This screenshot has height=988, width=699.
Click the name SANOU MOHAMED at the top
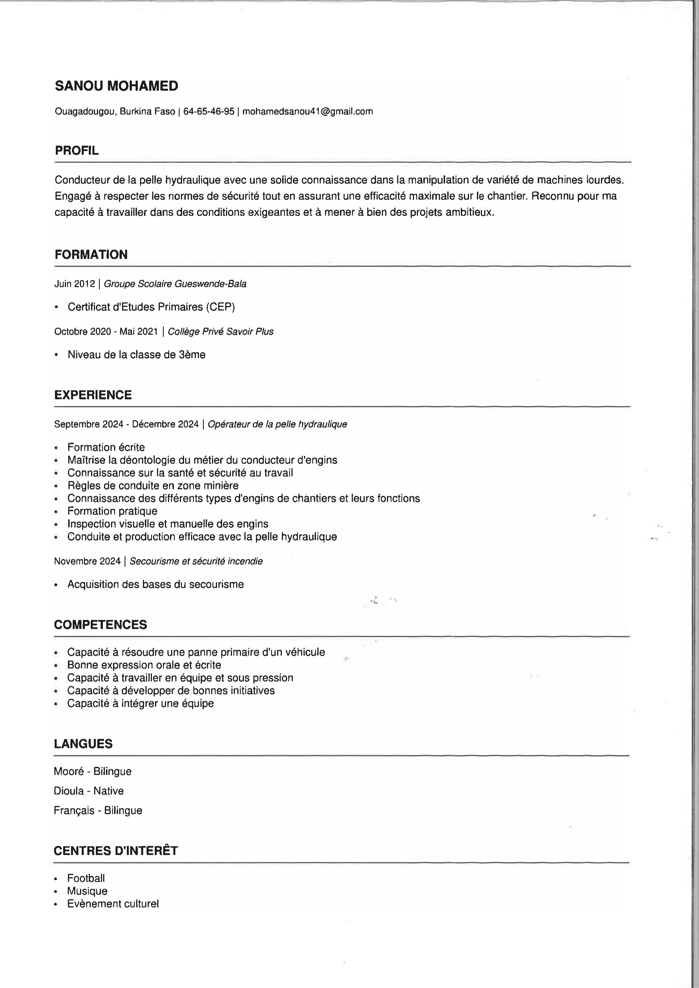[x=116, y=86]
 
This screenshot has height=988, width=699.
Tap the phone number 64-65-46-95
[x=209, y=112]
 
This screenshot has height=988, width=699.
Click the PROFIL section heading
[x=77, y=151]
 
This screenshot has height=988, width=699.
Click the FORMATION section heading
[x=91, y=254]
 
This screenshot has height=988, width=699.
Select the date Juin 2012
[x=74, y=284]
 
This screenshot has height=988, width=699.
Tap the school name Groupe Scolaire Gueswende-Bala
[x=175, y=284]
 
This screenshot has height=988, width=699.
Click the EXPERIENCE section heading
[x=93, y=395]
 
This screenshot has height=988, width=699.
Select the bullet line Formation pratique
[x=112, y=511]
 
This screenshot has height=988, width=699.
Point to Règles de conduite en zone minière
[x=153, y=486]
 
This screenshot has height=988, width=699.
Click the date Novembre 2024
[x=87, y=561]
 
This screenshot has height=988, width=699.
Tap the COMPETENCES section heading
[x=100, y=625]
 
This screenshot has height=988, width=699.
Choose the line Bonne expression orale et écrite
[x=144, y=665]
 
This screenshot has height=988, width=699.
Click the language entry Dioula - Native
[x=89, y=791]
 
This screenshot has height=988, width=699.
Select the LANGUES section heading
[x=83, y=744]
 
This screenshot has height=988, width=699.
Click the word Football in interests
[x=86, y=878]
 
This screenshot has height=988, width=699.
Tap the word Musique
[x=87, y=891]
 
